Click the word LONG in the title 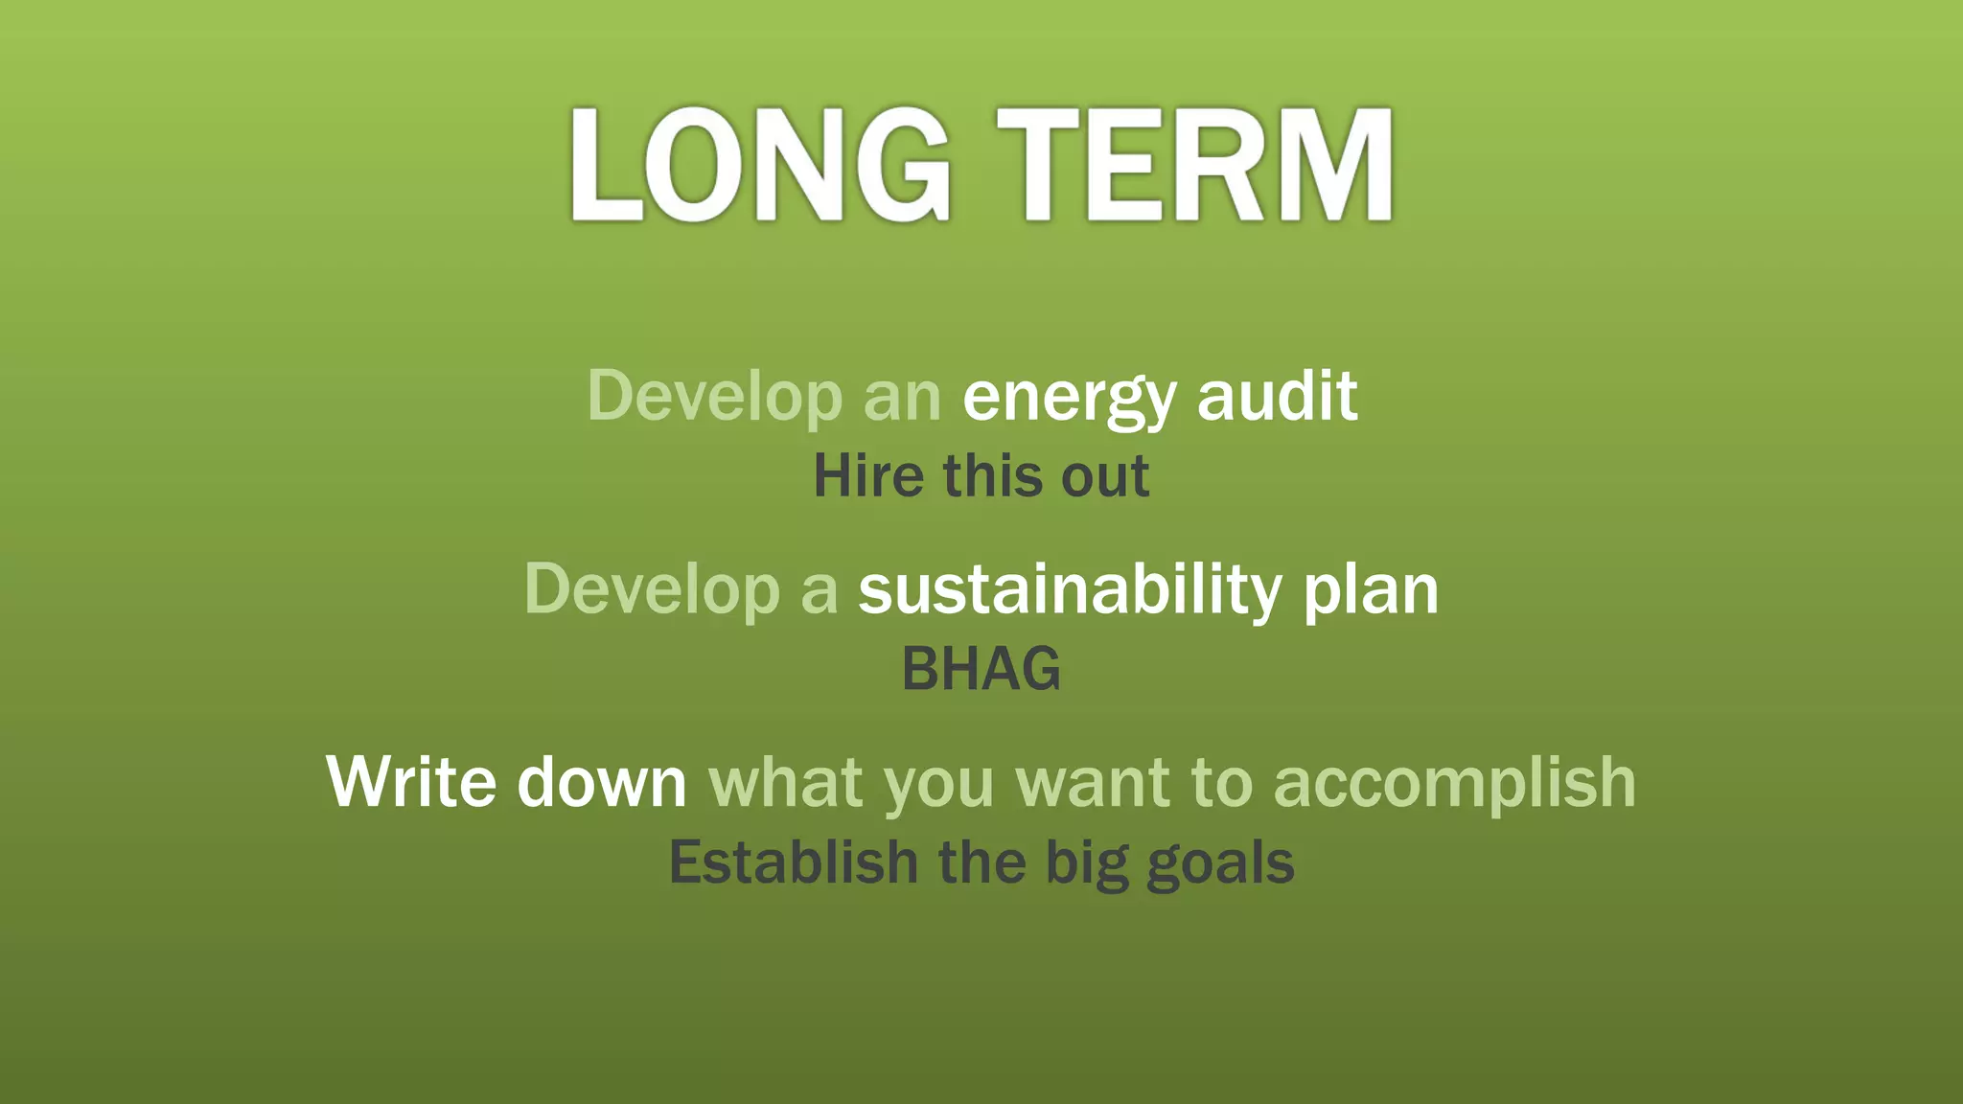(760, 165)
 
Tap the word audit (1277, 396)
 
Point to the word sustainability (1069, 590)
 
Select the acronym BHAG (981, 669)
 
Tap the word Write (411, 782)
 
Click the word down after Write (602, 782)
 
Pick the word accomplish (1454, 784)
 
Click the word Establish (794, 862)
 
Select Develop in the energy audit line (714, 396)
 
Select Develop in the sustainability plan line (652, 590)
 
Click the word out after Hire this (1105, 476)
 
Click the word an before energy (902, 398)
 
